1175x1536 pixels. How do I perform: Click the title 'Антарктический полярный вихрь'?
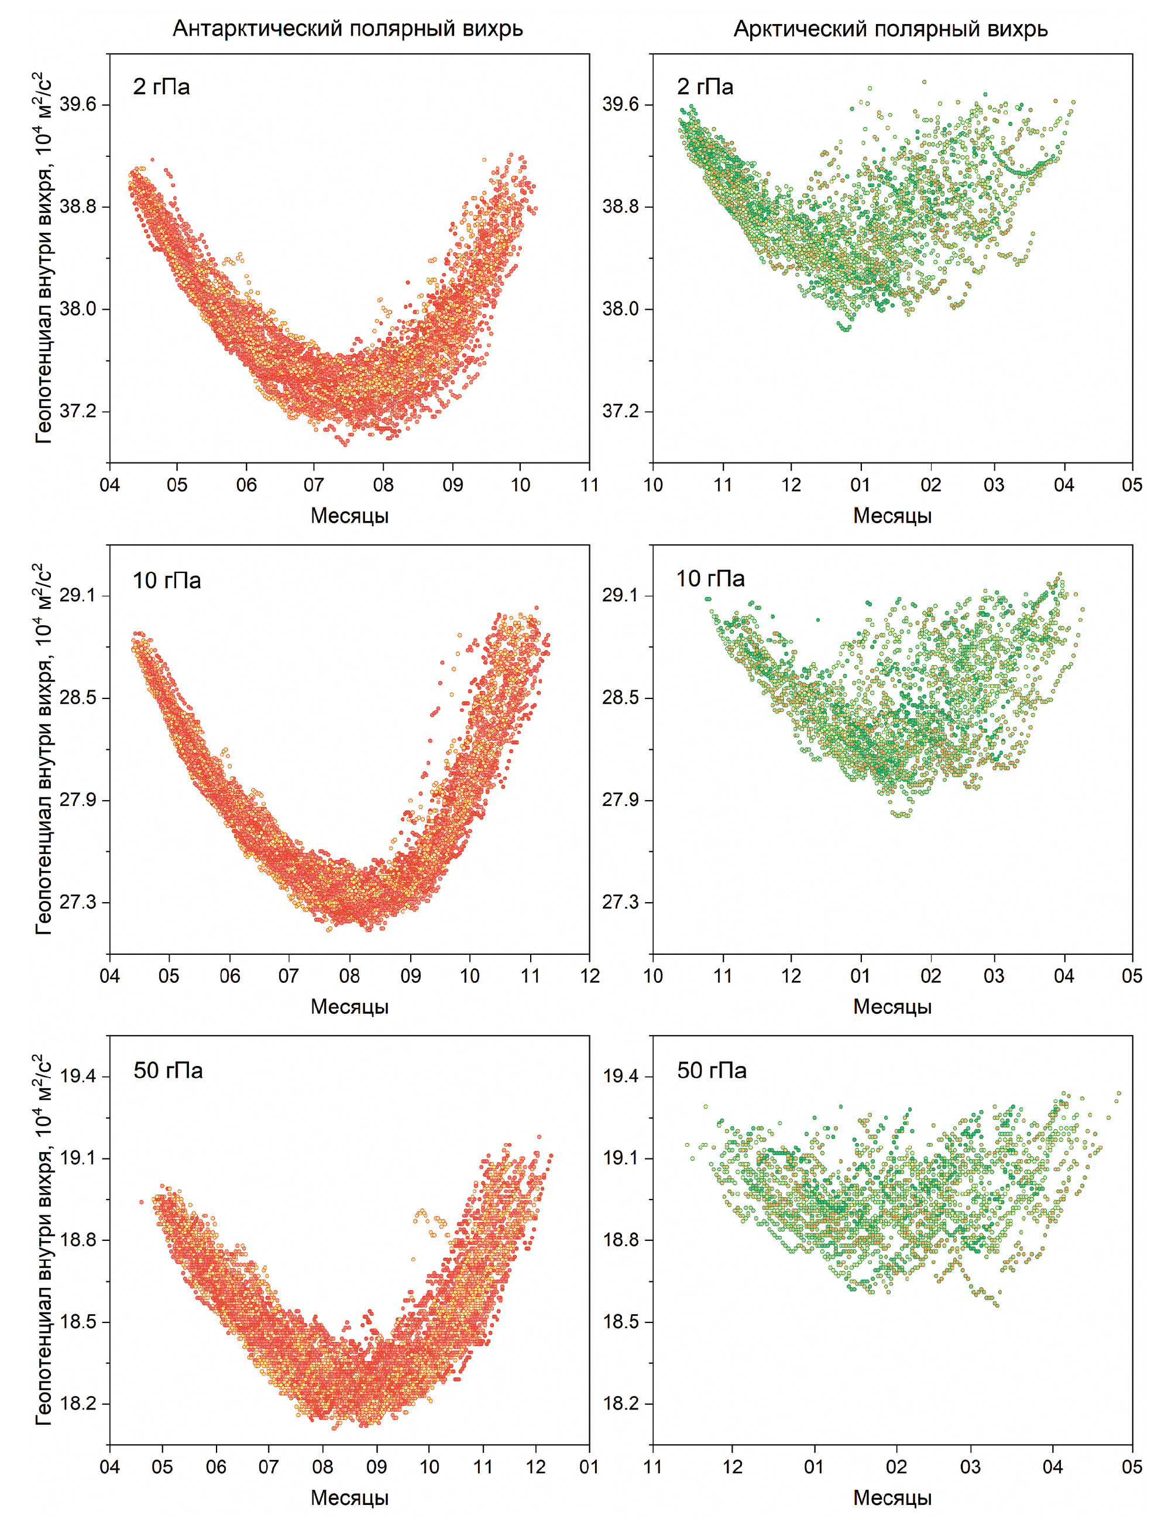pos(348,29)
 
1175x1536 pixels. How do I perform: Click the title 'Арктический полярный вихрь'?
pos(891,29)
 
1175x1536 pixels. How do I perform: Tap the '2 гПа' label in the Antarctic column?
pos(162,87)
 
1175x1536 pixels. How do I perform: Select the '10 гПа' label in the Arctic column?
pos(710,578)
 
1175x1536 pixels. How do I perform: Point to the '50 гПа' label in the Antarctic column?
pos(168,1070)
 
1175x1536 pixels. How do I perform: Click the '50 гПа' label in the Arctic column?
pos(712,1070)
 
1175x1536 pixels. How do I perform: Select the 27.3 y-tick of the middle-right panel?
pos(620,902)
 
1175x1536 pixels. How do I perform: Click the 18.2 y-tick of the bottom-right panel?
pos(620,1404)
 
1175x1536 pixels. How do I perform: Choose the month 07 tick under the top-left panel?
pos(314,485)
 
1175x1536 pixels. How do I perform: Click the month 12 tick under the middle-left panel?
pos(590,976)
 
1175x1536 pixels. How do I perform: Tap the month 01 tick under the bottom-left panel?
pos(589,1467)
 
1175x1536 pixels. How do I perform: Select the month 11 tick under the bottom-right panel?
pos(652,1467)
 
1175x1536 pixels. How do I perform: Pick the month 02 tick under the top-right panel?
pos(931,485)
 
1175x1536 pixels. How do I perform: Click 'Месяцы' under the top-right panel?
pos(892,516)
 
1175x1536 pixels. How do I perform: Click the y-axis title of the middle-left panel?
pos(43,749)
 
